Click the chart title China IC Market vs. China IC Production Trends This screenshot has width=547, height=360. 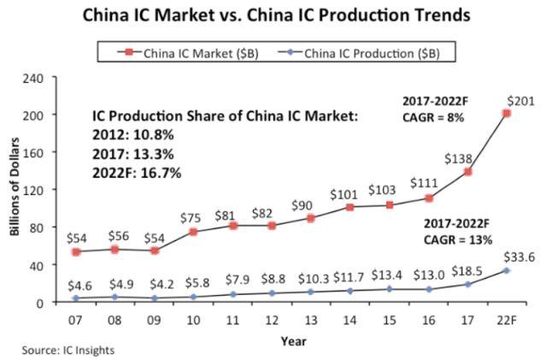pos(273,15)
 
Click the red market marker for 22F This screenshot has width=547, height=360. pos(507,114)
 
